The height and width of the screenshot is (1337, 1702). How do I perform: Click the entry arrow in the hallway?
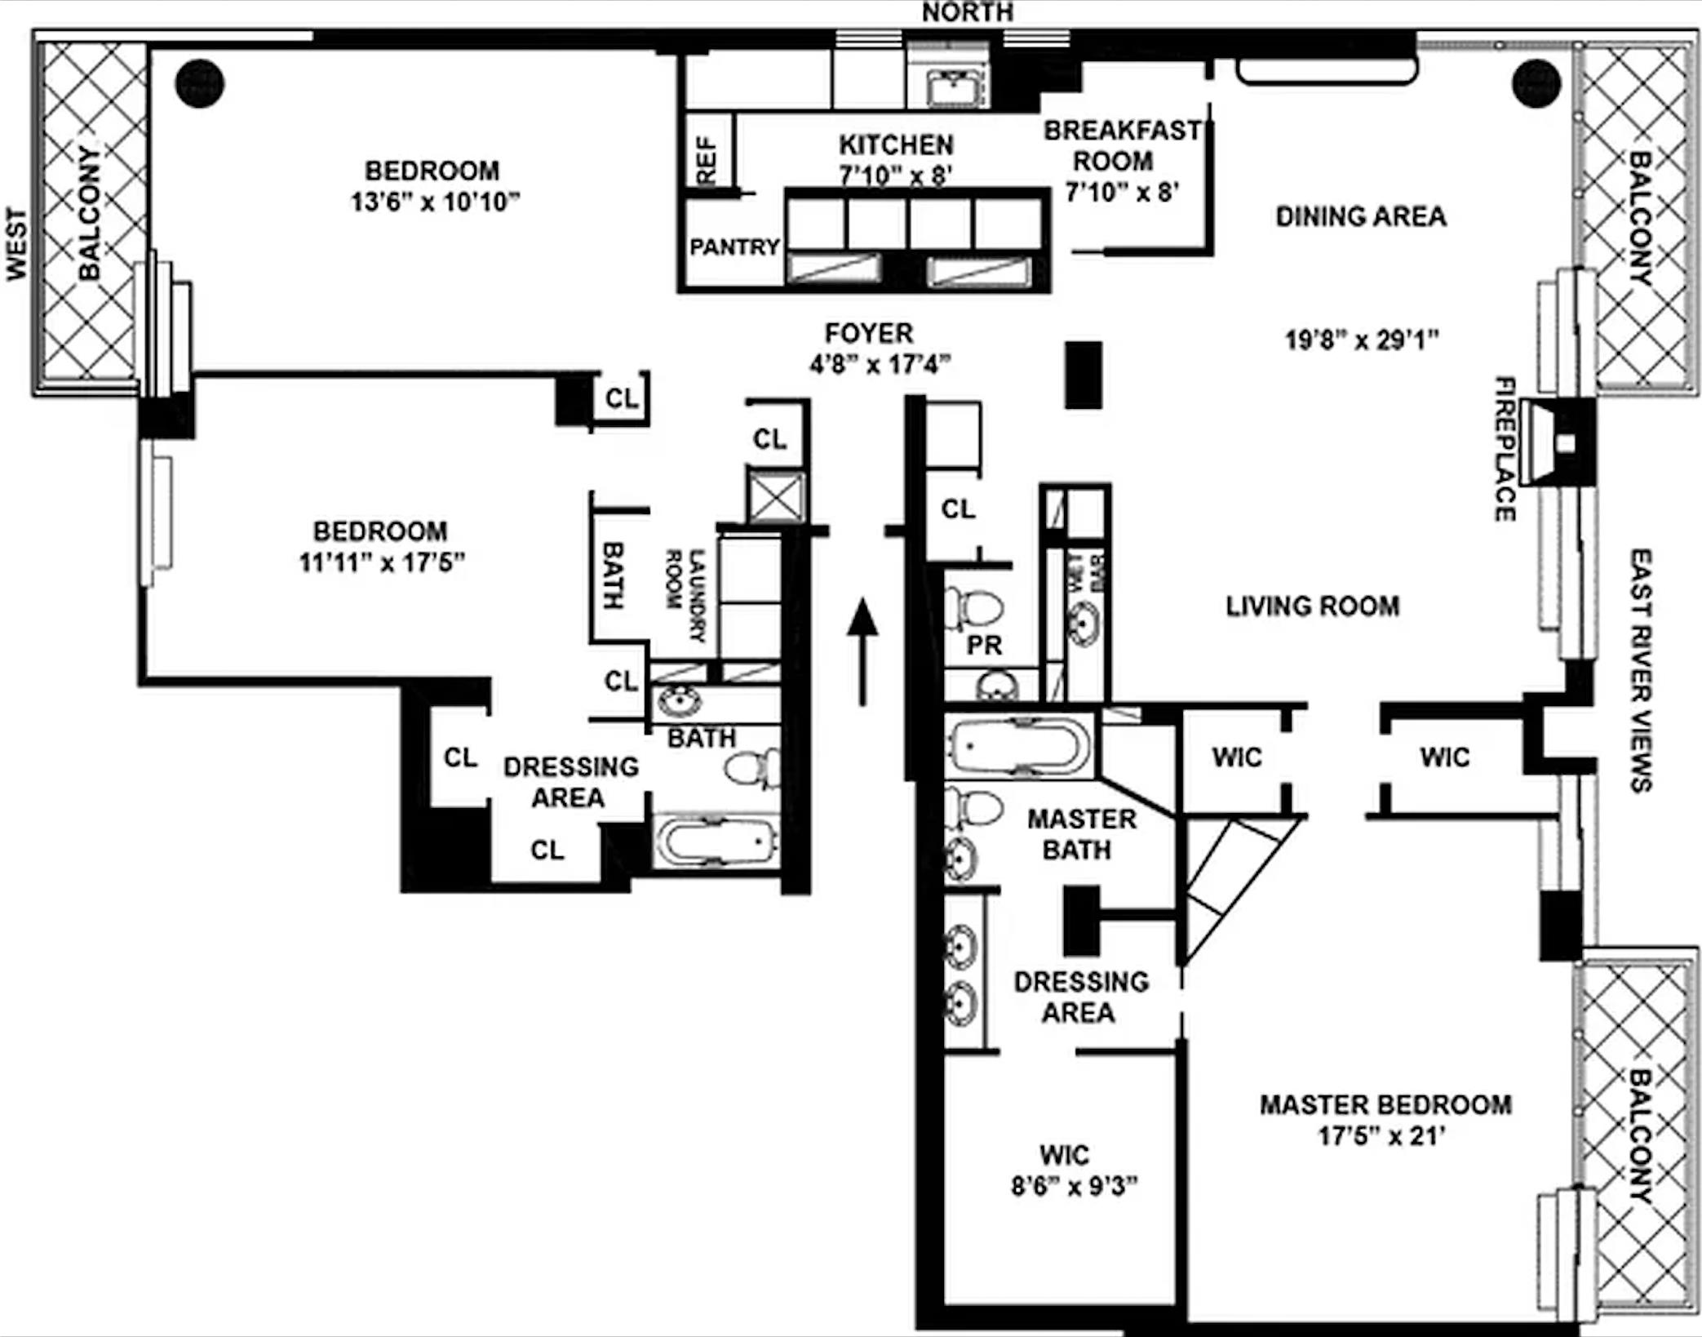click(862, 650)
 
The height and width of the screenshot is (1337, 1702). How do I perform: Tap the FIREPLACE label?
click(1505, 448)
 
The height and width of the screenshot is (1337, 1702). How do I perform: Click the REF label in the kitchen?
click(707, 161)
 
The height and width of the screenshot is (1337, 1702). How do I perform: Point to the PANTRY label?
click(734, 247)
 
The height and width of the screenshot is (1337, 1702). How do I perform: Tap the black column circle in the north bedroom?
click(200, 83)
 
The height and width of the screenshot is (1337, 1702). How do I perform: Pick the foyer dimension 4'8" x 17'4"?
click(880, 364)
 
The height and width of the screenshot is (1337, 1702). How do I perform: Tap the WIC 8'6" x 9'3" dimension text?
click(1074, 1186)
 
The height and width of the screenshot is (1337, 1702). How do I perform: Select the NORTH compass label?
click(968, 12)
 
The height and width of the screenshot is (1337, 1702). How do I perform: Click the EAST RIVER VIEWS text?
click(1640, 669)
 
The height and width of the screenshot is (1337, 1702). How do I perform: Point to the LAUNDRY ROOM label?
click(686, 595)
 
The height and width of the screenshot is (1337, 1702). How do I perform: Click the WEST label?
click(16, 245)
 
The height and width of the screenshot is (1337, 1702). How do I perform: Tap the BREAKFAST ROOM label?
click(1123, 145)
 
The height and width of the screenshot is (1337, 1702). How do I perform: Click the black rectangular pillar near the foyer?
click(1084, 375)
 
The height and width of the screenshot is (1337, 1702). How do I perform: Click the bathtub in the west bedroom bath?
click(716, 841)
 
